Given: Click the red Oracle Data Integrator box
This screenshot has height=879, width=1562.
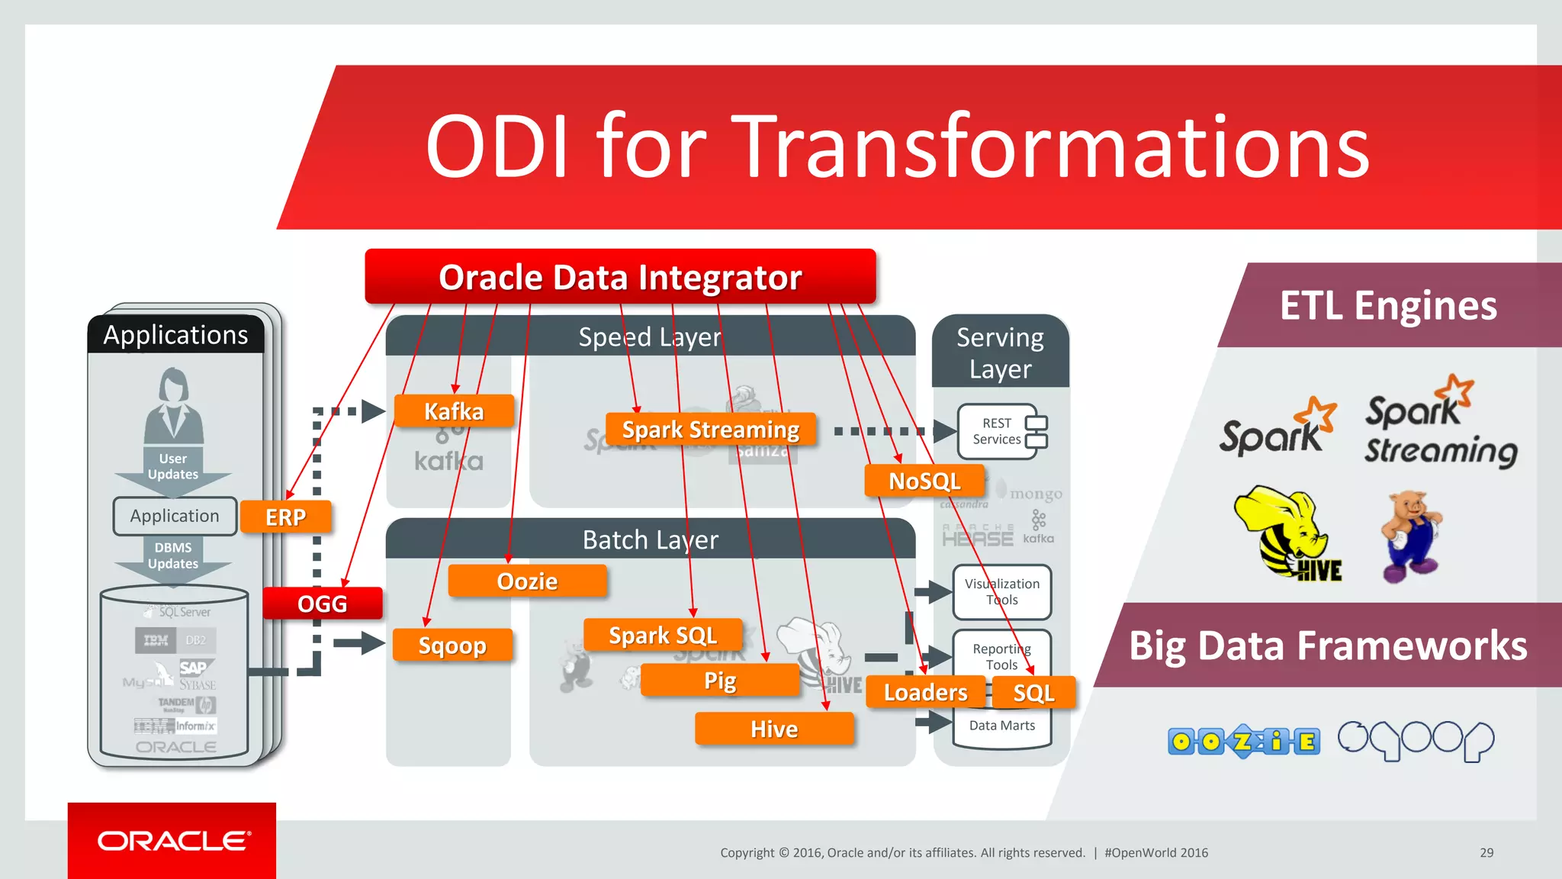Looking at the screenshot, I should (x=620, y=277).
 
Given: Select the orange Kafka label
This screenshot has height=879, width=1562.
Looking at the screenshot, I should (x=454, y=411).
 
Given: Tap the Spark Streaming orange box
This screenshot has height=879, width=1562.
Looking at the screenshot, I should (x=710, y=430).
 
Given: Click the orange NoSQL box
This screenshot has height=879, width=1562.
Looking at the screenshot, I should (x=924, y=481).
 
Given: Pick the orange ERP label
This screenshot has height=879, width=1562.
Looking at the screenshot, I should (x=285, y=517).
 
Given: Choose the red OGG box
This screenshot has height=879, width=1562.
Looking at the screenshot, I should (x=322, y=604).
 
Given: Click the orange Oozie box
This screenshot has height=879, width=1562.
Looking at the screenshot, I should (x=527, y=581).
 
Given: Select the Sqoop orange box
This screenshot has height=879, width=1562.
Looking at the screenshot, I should (x=452, y=646).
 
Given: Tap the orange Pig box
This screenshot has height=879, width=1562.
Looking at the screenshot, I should (x=720, y=680).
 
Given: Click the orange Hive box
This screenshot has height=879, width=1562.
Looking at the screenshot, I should (x=774, y=729).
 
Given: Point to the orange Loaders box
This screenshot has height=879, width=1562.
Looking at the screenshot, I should (x=925, y=692).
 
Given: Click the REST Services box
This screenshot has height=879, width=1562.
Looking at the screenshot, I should (x=1002, y=431).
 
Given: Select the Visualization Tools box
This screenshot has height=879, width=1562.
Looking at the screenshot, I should (x=1001, y=591).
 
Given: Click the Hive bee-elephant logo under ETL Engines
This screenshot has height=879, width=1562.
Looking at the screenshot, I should (x=1287, y=534).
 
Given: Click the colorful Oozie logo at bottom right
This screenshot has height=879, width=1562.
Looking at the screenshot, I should (x=1243, y=741).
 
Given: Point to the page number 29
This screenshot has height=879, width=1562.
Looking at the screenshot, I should (x=1486, y=852).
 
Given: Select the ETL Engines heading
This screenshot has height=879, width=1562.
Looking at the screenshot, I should (x=1388, y=305).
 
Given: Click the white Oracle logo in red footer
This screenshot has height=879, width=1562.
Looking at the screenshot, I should (x=174, y=841).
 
